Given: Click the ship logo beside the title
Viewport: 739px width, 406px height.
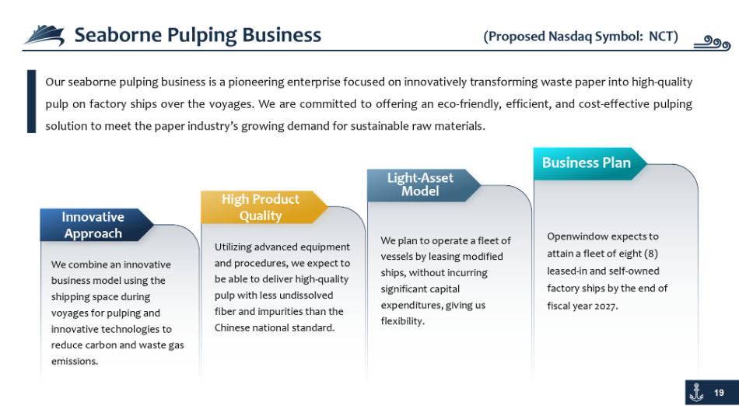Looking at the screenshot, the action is pyautogui.click(x=44, y=35).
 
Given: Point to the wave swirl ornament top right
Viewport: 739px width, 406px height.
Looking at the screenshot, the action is pyautogui.click(x=712, y=44).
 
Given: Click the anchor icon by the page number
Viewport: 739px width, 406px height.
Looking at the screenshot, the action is pyautogui.click(x=696, y=393).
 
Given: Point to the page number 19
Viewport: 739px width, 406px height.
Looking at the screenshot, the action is pyautogui.click(x=720, y=393).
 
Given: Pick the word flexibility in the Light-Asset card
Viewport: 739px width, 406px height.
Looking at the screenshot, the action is pyautogui.click(x=402, y=322).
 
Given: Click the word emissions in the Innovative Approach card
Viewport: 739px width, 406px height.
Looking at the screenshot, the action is pyautogui.click(x=75, y=362).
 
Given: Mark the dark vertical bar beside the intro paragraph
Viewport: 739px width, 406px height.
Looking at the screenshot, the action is pyautogui.click(x=32, y=101).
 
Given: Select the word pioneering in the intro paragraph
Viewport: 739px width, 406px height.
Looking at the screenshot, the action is pyautogui.click(x=252, y=82).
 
